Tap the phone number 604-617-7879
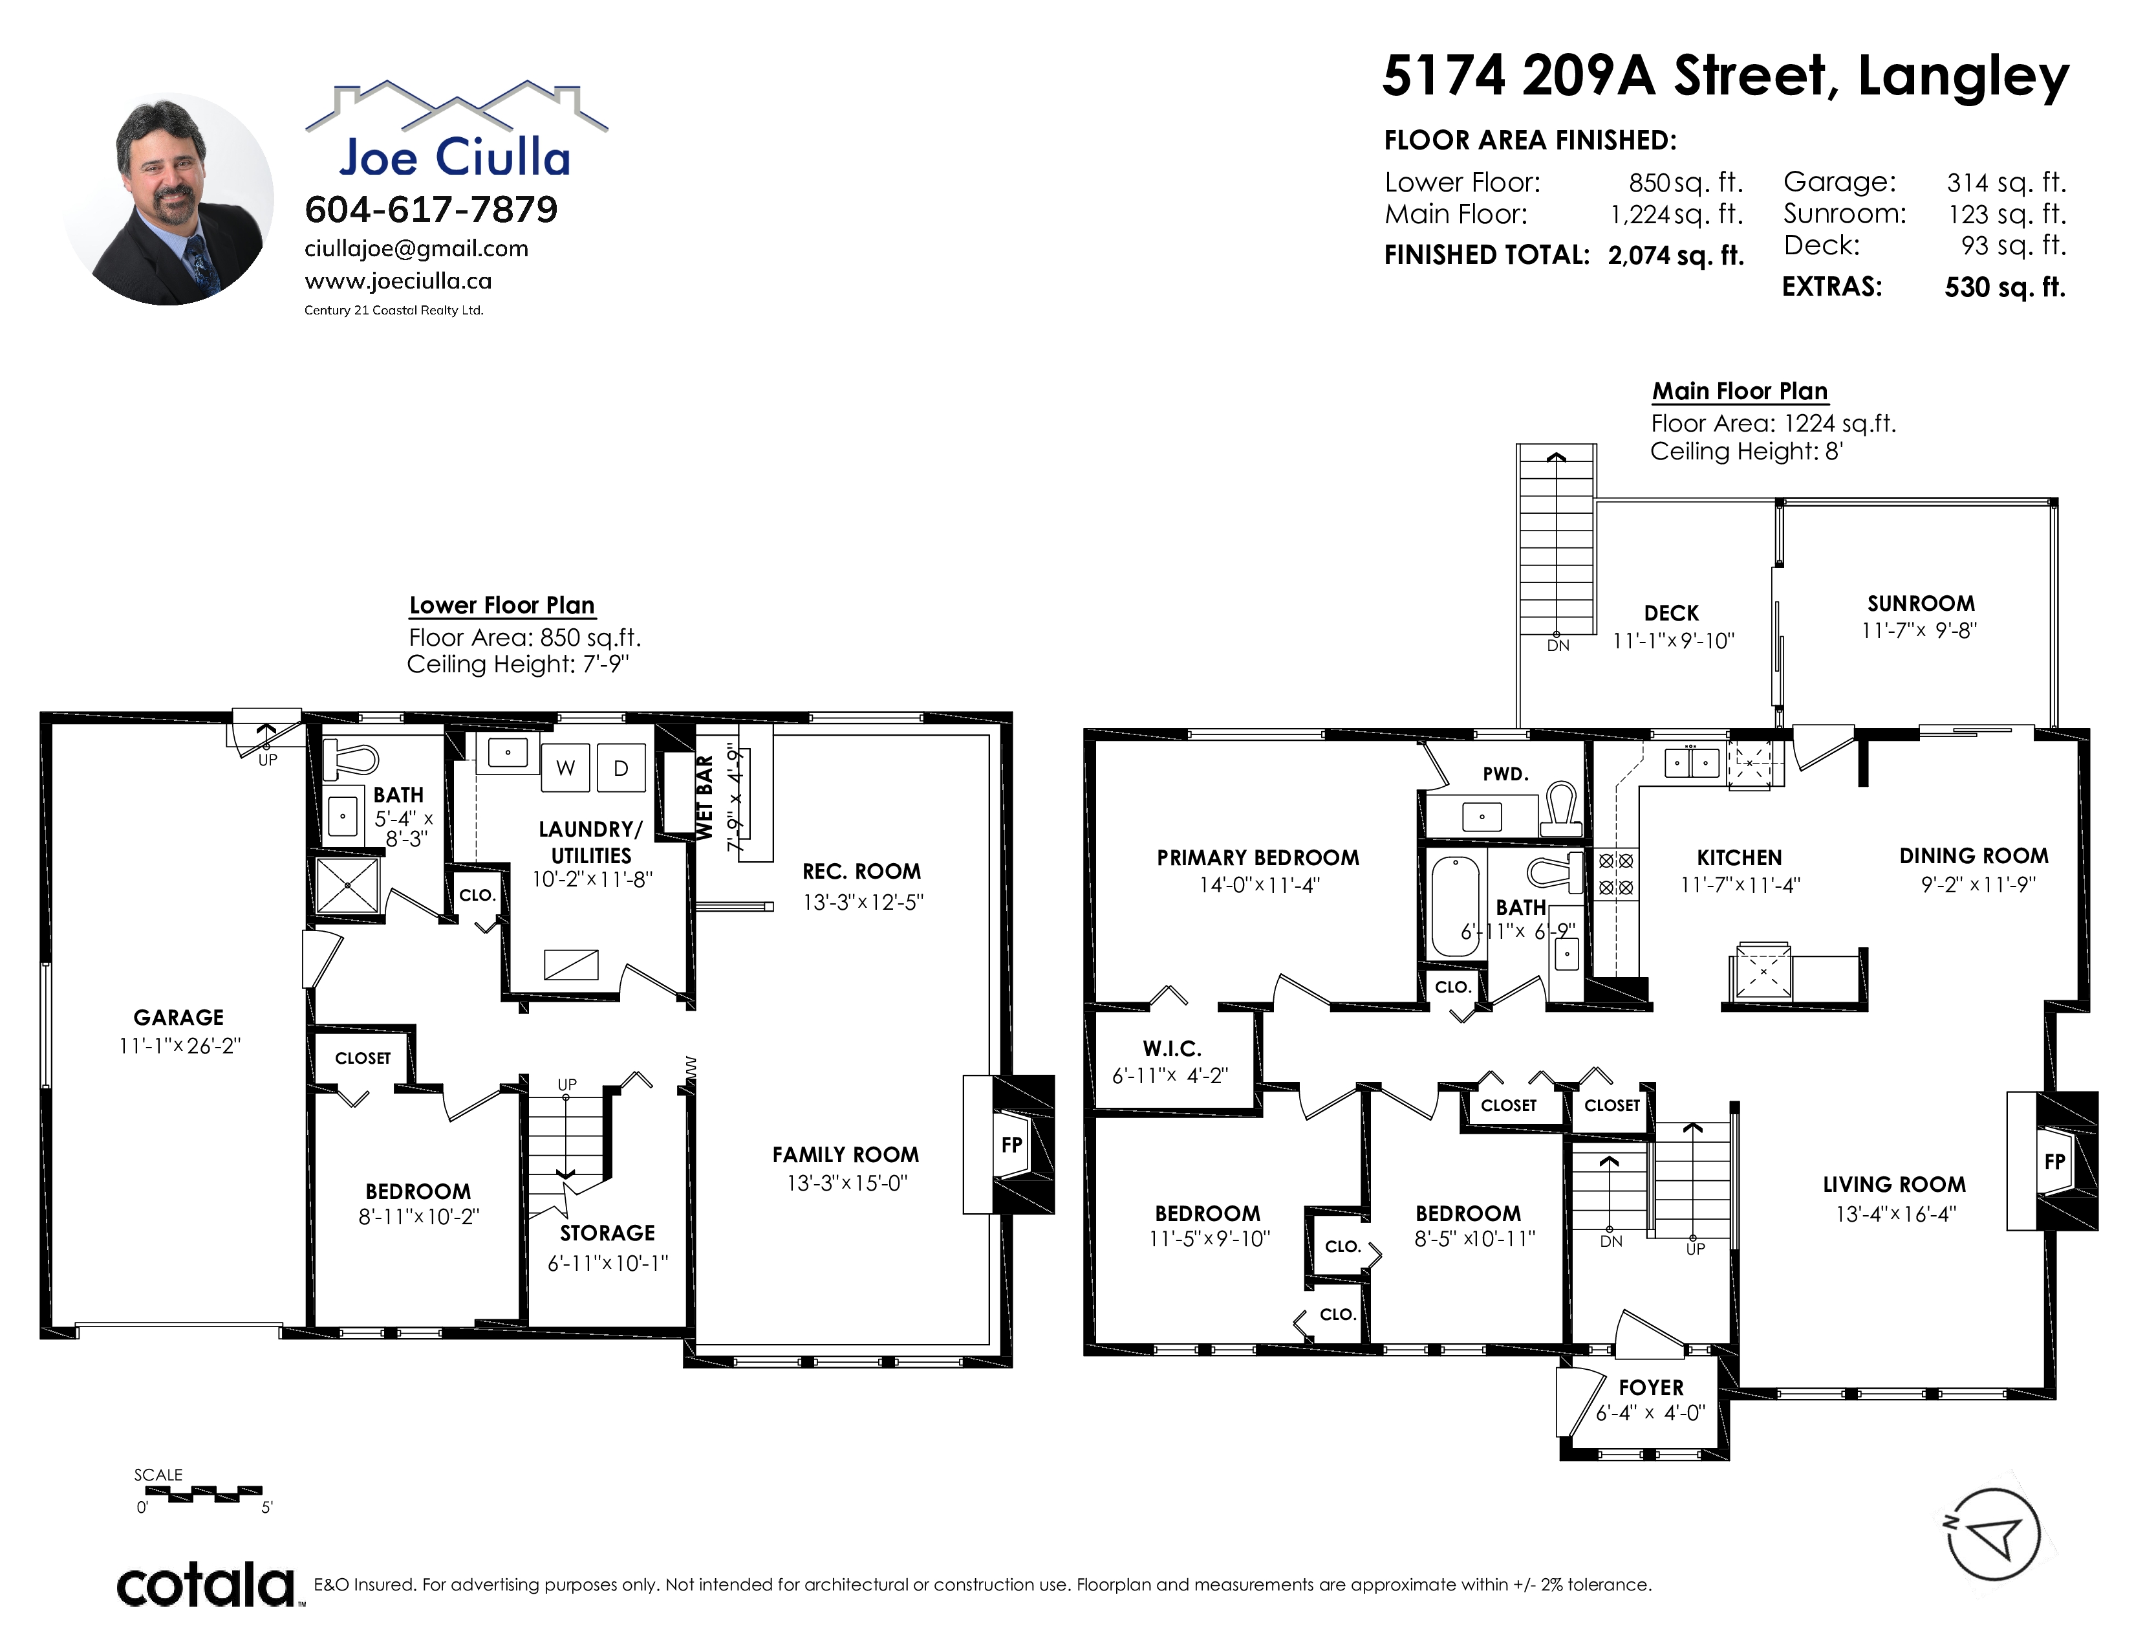point(431,209)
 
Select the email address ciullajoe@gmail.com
point(416,248)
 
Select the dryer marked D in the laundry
point(620,768)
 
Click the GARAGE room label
point(179,1018)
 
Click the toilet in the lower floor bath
point(352,758)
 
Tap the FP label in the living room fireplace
point(2055,1161)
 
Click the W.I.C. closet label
point(1172,1049)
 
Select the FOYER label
point(1652,1387)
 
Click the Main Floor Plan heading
point(1740,391)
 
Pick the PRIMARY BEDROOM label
point(1258,857)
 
